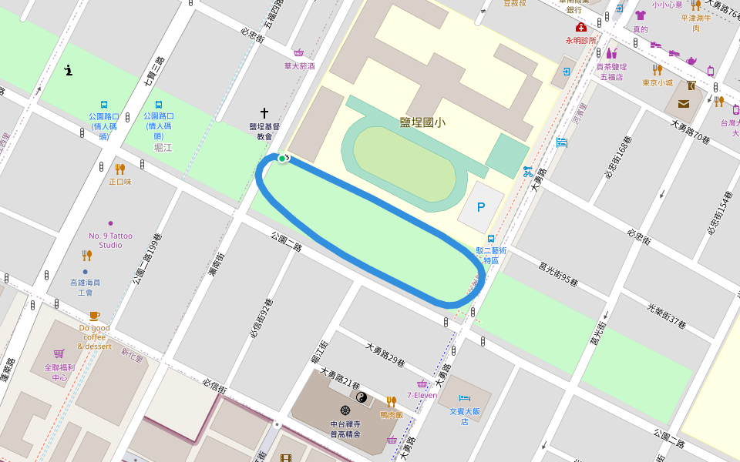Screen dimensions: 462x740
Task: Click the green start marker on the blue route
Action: pyautogui.click(x=283, y=159)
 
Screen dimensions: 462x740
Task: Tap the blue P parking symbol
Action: pyautogui.click(x=481, y=207)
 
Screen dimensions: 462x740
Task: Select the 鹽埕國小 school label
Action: pyautogui.click(x=422, y=122)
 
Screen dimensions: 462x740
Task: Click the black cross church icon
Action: pyautogui.click(x=264, y=112)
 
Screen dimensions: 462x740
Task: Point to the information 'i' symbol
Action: pyautogui.click(x=69, y=71)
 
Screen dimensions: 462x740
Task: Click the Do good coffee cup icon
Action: pyautogui.click(x=94, y=316)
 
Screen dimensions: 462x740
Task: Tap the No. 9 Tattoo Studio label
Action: pyautogui.click(x=110, y=240)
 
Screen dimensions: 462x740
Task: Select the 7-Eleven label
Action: pyautogui.click(x=422, y=395)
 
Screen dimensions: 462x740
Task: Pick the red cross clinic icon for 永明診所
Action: pyautogui.click(x=580, y=28)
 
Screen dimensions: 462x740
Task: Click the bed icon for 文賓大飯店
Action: pyautogui.click(x=463, y=398)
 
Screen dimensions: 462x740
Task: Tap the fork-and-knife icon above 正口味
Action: pyautogui.click(x=119, y=169)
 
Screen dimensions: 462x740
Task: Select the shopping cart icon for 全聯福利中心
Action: pyautogui.click(x=59, y=354)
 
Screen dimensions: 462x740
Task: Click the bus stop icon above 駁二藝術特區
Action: pyautogui.click(x=491, y=238)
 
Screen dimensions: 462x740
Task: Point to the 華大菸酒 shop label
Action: pyautogui.click(x=299, y=66)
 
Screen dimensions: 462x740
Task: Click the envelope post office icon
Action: pyautogui.click(x=684, y=104)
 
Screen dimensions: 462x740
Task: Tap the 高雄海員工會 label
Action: pyautogui.click(x=85, y=287)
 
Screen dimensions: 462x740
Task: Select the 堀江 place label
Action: pyautogui.click(x=163, y=147)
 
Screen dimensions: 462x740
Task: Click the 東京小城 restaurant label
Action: pyautogui.click(x=658, y=82)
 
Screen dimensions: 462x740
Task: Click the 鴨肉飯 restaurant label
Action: pyautogui.click(x=391, y=414)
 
